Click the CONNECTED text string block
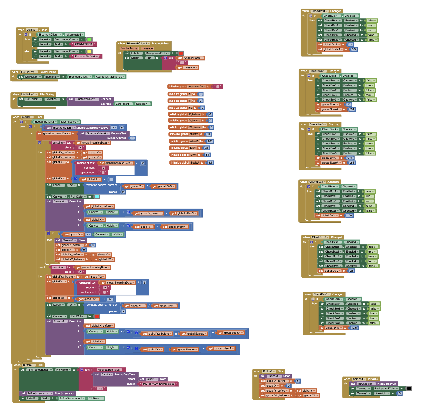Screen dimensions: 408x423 pyautogui.click(x=84, y=44)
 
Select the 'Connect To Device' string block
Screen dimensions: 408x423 pyautogui.click(x=86, y=56)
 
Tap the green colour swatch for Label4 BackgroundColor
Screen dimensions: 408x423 pyautogui.click(x=89, y=39)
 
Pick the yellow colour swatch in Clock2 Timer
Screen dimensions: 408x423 pyautogui.click(x=89, y=51)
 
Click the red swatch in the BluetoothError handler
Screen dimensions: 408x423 pyautogui.click(x=181, y=53)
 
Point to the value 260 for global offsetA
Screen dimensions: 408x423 pyautogui.click(x=210, y=141)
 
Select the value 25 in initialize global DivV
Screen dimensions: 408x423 pyautogui.click(x=207, y=148)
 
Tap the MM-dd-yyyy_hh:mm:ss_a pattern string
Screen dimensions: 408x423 pyautogui.click(x=158, y=384)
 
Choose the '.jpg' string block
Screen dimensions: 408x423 pyautogui.click(x=100, y=389)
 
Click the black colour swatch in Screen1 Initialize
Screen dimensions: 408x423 pyautogui.click(x=409, y=389)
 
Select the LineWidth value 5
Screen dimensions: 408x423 pyautogui.click(x=400, y=393)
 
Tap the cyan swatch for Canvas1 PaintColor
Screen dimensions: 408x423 pyautogui.click(x=97, y=197)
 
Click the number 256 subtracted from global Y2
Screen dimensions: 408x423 pyautogui.click(x=110, y=299)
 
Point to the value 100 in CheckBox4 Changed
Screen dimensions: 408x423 pyautogui.click(x=349, y=215)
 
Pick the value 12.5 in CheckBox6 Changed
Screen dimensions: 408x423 pyautogui.click(x=354, y=328)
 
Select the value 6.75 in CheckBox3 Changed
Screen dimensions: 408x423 pyautogui.click(x=350, y=158)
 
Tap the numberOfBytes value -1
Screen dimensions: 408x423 pyautogui.click(x=132, y=138)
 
